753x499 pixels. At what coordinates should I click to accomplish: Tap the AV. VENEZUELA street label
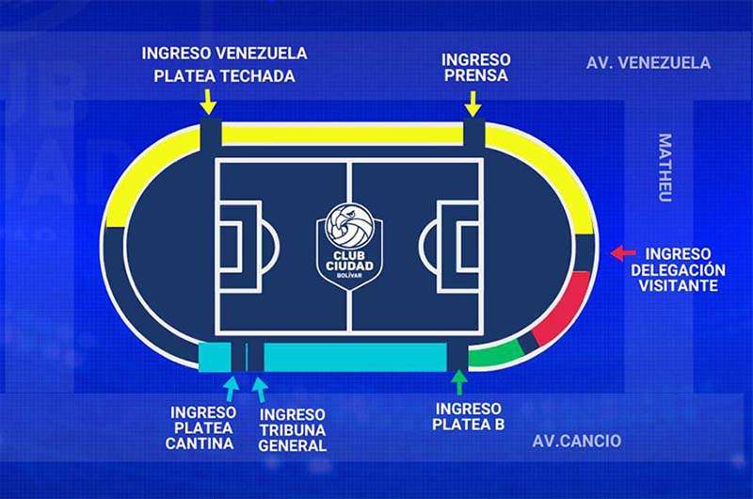[648, 63]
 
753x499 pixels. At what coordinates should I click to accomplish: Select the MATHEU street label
[665, 168]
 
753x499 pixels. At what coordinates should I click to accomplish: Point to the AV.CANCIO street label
[576, 441]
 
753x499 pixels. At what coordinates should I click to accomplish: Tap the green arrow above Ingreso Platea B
[459, 382]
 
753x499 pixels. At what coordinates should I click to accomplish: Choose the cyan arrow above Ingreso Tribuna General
[260, 388]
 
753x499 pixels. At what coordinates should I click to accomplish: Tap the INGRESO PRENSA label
[474, 67]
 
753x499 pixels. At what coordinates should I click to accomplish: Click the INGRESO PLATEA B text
[470, 416]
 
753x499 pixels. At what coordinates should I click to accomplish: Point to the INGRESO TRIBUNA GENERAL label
[292, 429]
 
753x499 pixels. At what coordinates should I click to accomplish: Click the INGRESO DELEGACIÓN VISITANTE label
[684, 269]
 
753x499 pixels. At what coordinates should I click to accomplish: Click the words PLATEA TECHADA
[224, 76]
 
